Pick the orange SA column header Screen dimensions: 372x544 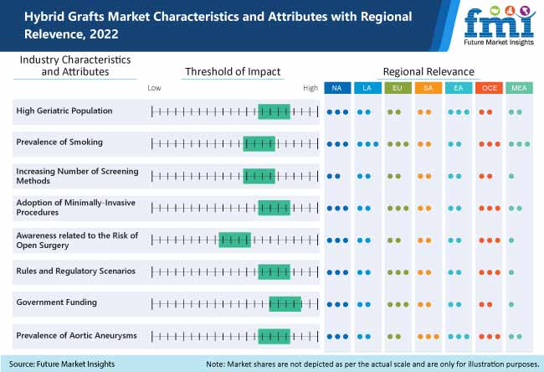[428, 88]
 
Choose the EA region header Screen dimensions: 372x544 [458, 88]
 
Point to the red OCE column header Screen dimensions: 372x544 [488, 88]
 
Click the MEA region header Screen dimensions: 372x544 [518, 88]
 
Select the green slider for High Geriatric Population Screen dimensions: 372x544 [274, 111]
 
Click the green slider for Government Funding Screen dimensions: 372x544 [285, 304]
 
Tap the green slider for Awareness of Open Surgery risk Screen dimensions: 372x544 [234, 240]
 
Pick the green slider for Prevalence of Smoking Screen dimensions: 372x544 [259, 143]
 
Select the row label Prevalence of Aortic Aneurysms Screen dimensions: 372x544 [76, 336]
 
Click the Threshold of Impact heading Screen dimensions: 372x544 [232, 72]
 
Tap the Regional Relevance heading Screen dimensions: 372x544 [428, 72]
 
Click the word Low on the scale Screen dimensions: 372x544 [154, 88]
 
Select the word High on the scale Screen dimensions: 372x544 [310, 88]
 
